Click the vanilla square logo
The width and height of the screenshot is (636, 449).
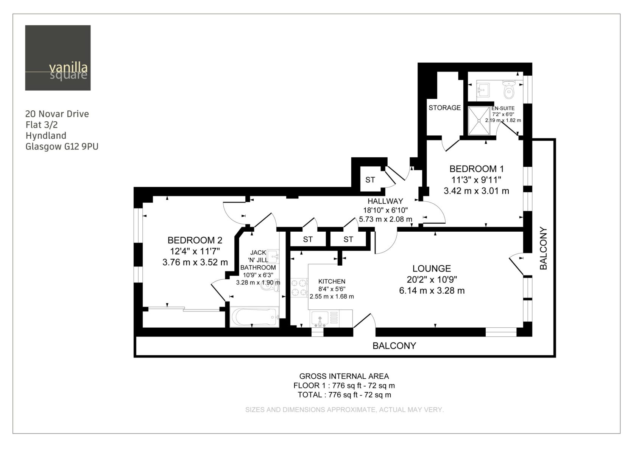point(58,58)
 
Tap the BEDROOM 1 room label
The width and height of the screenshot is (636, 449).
point(477,169)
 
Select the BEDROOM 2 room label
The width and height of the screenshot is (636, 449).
point(195,240)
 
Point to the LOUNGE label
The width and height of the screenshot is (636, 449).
point(432,268)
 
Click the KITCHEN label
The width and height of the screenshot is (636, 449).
point(332,282)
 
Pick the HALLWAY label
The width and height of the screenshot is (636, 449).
point(385,201)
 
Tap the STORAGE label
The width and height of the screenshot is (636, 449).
point(444,108)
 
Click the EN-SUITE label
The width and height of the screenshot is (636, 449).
point(503,108)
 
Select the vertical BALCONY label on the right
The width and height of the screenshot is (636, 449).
point(543,248)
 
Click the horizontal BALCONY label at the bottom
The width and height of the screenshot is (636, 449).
point(394,345)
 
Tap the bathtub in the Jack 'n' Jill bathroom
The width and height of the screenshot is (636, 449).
point(254,317)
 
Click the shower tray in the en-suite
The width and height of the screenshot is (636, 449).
point(479,121)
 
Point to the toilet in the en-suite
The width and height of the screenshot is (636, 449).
point(509,89)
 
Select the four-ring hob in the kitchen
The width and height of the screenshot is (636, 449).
point(299,287)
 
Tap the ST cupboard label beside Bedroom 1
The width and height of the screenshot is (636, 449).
point(370,180)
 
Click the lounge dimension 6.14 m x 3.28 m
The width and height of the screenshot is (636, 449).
point(432,291)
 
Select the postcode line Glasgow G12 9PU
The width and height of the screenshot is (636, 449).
point(62,147)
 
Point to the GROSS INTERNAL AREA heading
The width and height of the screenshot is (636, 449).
point(344,376)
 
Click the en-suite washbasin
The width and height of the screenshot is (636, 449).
point(483,90)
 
